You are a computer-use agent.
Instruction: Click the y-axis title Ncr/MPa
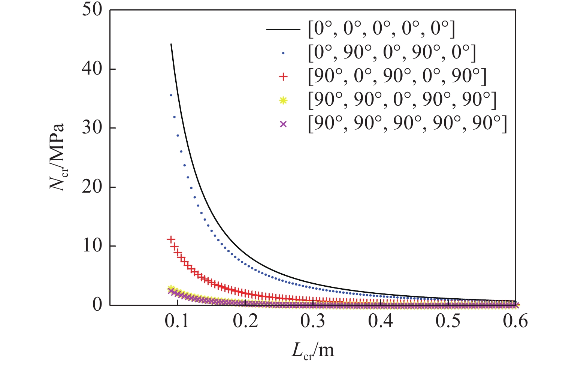pyautogui.click(x=58, y=157)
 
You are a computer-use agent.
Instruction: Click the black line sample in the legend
pyautogui.click(x=283, y=29)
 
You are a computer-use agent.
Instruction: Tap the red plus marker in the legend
pyautogui.click(x=284, y=77)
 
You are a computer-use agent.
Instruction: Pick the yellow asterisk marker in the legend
pyautogui.click(x=284, y=100)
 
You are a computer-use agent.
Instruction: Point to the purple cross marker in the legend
pyautogui.click(x=284, y=124)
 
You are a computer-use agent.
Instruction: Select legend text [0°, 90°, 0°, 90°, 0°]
pyautogui.click(x=392, y=53)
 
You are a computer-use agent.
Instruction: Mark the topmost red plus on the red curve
pyautogui.click(x=171, y=239)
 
